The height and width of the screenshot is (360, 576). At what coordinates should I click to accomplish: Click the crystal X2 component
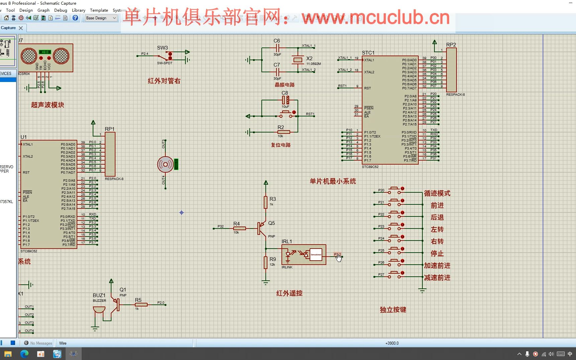pos(298,60)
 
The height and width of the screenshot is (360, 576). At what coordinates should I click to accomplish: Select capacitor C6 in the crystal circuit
pos(277,48)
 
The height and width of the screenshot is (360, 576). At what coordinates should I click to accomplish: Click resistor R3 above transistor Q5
pos(266,202)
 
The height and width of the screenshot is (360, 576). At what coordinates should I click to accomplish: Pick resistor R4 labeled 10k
pos(239,228)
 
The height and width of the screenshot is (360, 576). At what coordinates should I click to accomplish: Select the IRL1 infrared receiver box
pos(304,255)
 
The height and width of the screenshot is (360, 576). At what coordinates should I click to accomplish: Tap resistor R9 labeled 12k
pos(266,263)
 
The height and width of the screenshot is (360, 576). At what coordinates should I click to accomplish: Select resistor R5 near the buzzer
pos(141,304)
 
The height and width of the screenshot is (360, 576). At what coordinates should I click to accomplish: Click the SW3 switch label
pos(162,48)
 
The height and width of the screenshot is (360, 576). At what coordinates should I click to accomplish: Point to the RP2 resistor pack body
pos(451,70)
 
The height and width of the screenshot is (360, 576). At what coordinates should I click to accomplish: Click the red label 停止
pos(437,254)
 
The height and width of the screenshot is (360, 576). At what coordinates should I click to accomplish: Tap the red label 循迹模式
pos(437,193)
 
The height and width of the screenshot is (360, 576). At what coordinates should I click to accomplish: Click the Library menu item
pos(78,10)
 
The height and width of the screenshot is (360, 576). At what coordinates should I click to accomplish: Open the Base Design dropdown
pos(101,18)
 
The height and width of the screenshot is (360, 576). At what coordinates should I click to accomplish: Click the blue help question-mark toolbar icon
pos(75,18)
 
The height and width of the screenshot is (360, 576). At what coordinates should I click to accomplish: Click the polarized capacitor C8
pos(285,100)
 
